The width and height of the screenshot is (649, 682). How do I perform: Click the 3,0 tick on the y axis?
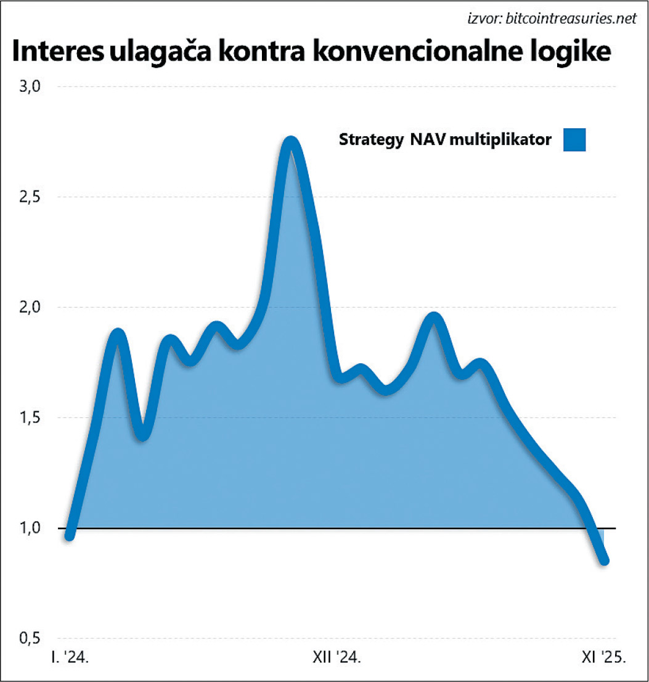click(30, 86)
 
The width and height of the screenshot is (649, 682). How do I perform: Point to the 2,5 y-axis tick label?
click(30, 197)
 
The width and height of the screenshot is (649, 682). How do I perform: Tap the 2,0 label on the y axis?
click(30, 307)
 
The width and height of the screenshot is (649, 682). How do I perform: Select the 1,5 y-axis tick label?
click(30, 417)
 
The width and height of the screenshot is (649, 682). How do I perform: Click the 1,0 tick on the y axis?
click(30, 528)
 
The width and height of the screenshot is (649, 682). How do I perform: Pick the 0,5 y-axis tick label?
click(30, 638)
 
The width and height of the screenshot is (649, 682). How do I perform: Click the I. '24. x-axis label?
click(71, 659)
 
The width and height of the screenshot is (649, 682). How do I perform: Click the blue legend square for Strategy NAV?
click(574, 139)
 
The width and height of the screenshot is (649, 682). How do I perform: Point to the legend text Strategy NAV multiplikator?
click(445, 140)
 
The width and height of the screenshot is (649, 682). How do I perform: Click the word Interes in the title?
click(56, 52)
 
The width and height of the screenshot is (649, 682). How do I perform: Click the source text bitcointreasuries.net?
click(570, 19)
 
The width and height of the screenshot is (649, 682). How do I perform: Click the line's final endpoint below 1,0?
click(605, 561)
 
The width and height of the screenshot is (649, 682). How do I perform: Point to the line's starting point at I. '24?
click(70, 535)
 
